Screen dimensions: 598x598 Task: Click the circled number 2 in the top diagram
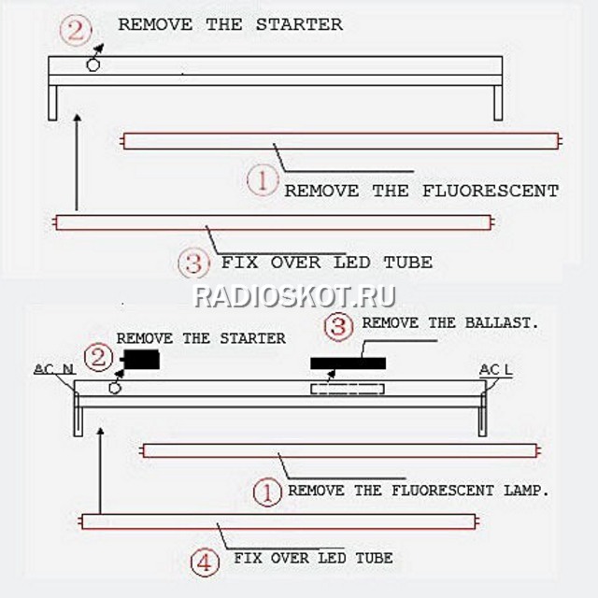pos(76,31)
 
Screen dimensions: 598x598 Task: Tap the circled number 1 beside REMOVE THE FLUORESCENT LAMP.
pos(267,492)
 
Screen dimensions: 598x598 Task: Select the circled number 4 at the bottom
pos(205,562)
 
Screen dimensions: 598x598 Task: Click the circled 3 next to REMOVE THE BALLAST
pos(338,327)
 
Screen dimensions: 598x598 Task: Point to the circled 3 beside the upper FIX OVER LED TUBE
pos(193,263)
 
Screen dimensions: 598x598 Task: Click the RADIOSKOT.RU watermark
pos(295,297)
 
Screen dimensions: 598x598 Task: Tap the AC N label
pos(54,369)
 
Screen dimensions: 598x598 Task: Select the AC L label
pos(496,370)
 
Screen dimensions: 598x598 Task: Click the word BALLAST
pos(502,323)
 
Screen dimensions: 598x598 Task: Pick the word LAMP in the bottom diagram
pos(526,491)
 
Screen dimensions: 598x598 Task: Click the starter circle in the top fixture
pos(93,64)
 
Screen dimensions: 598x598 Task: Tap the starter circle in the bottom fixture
pos(115,388)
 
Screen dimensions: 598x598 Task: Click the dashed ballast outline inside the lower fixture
pos(348,389)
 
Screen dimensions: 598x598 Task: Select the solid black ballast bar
pos(349,363)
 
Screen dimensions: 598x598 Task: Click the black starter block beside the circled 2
pos(140,360)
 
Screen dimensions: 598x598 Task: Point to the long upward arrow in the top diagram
pos(78,162)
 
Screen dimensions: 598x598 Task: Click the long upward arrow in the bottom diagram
pos(101,471)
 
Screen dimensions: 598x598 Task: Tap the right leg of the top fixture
pos(498,103)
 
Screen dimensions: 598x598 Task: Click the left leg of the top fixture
pos(52,103)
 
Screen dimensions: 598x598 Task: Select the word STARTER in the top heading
pos(299,25)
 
